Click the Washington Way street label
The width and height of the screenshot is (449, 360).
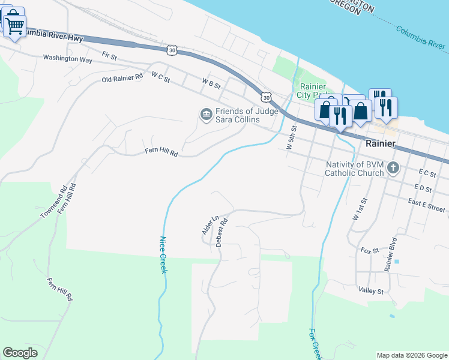click(67, 59)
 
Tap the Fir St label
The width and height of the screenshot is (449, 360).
click(109, 55)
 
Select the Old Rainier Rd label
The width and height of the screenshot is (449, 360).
click(122, 78)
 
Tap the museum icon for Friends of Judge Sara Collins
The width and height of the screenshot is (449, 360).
click(206, 114)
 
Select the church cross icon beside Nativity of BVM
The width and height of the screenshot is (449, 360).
click(393, 168)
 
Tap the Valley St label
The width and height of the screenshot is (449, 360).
click(371, 291)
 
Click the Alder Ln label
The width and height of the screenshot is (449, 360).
click(207, 225)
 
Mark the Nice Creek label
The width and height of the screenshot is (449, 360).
click(162, 255)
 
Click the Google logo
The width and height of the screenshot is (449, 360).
click(20, 352)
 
